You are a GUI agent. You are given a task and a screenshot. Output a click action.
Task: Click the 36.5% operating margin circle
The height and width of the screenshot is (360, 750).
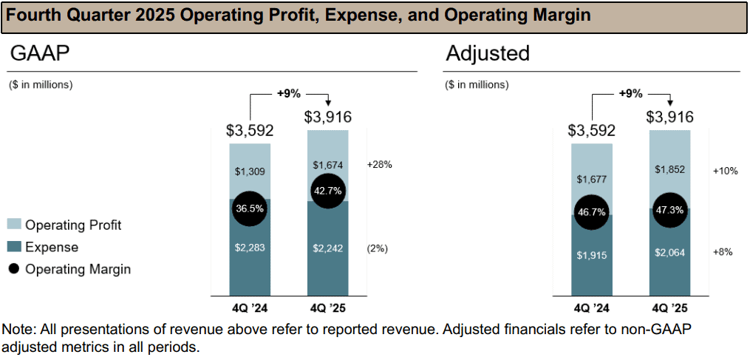coord(249,208)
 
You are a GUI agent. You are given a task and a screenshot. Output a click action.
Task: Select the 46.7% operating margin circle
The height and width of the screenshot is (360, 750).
coord(591,211)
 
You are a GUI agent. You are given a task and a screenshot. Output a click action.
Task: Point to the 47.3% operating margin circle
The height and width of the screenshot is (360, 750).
coord(670,209)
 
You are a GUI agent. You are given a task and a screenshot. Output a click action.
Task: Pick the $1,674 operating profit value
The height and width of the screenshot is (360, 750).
coord(329,164)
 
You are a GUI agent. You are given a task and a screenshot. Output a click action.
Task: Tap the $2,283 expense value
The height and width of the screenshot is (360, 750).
coord(250,248)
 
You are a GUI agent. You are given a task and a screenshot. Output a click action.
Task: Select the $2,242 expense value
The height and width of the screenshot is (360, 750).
coord(329,248)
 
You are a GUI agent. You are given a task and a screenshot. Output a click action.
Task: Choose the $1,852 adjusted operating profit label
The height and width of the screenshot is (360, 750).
coord(670,169)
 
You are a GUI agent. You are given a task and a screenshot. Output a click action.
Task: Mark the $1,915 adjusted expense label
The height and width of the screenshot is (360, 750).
coord(591,255)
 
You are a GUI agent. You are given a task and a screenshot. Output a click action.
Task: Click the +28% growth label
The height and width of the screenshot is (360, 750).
coord(379,164)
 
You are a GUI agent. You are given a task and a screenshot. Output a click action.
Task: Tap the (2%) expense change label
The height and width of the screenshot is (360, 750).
coord(378,248)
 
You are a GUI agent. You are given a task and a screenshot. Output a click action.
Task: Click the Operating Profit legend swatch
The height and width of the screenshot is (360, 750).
coord(14,225)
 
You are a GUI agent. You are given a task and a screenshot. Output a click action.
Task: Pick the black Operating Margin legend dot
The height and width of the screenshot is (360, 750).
coord(14,269)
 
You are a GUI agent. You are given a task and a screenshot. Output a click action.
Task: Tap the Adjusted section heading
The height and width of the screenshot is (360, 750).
coord(487,53)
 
